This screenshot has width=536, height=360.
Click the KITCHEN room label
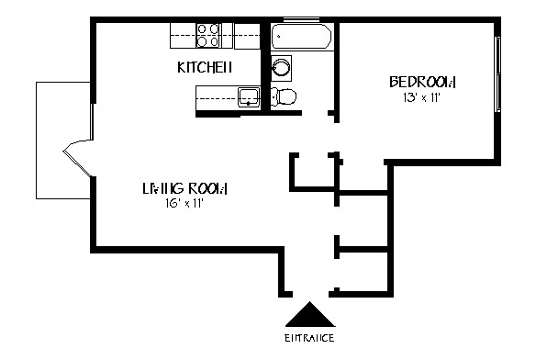tap(204, 67)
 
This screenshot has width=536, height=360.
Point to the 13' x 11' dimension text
tap(422, 97)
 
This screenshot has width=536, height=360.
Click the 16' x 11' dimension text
tap(179, 203)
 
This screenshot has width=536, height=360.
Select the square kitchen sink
tap(248, 95)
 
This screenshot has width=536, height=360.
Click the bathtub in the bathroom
tap(302, 37)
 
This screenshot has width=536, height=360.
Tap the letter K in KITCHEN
tap(181, 67)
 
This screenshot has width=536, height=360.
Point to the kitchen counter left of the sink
tap(215, 95)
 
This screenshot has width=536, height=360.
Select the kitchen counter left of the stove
tap(183, 36)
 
